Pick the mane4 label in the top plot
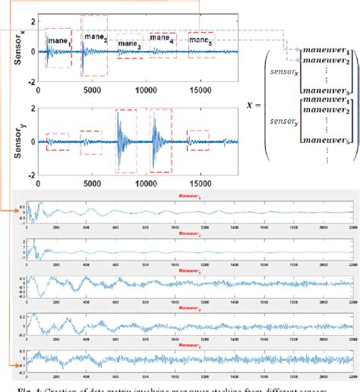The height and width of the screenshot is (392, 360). [163, 37]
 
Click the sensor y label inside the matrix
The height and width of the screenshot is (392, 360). [276, 139]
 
